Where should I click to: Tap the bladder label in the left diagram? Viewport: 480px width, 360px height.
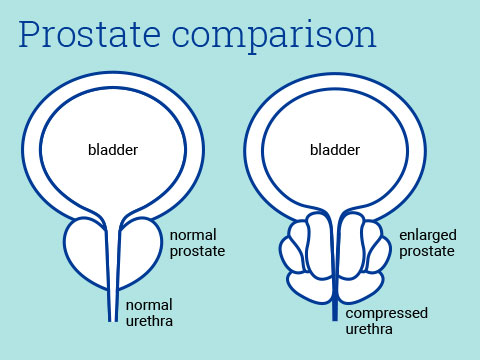coord(113,150)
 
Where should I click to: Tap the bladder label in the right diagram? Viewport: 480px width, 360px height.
coord(335,150)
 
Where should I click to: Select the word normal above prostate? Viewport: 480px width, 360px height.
coord(192,235)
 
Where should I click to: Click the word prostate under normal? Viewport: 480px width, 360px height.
coord(197,251)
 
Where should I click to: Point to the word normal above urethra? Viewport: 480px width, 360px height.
coord(148,304)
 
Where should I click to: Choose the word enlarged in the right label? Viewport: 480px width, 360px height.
coord(427,235)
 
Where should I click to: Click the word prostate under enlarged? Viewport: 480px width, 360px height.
coord(427,251)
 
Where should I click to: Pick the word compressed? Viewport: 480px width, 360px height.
coord(387,313)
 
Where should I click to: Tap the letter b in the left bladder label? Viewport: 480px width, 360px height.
coord(89,150)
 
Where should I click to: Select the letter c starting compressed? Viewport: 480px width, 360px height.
coord(350,313)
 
